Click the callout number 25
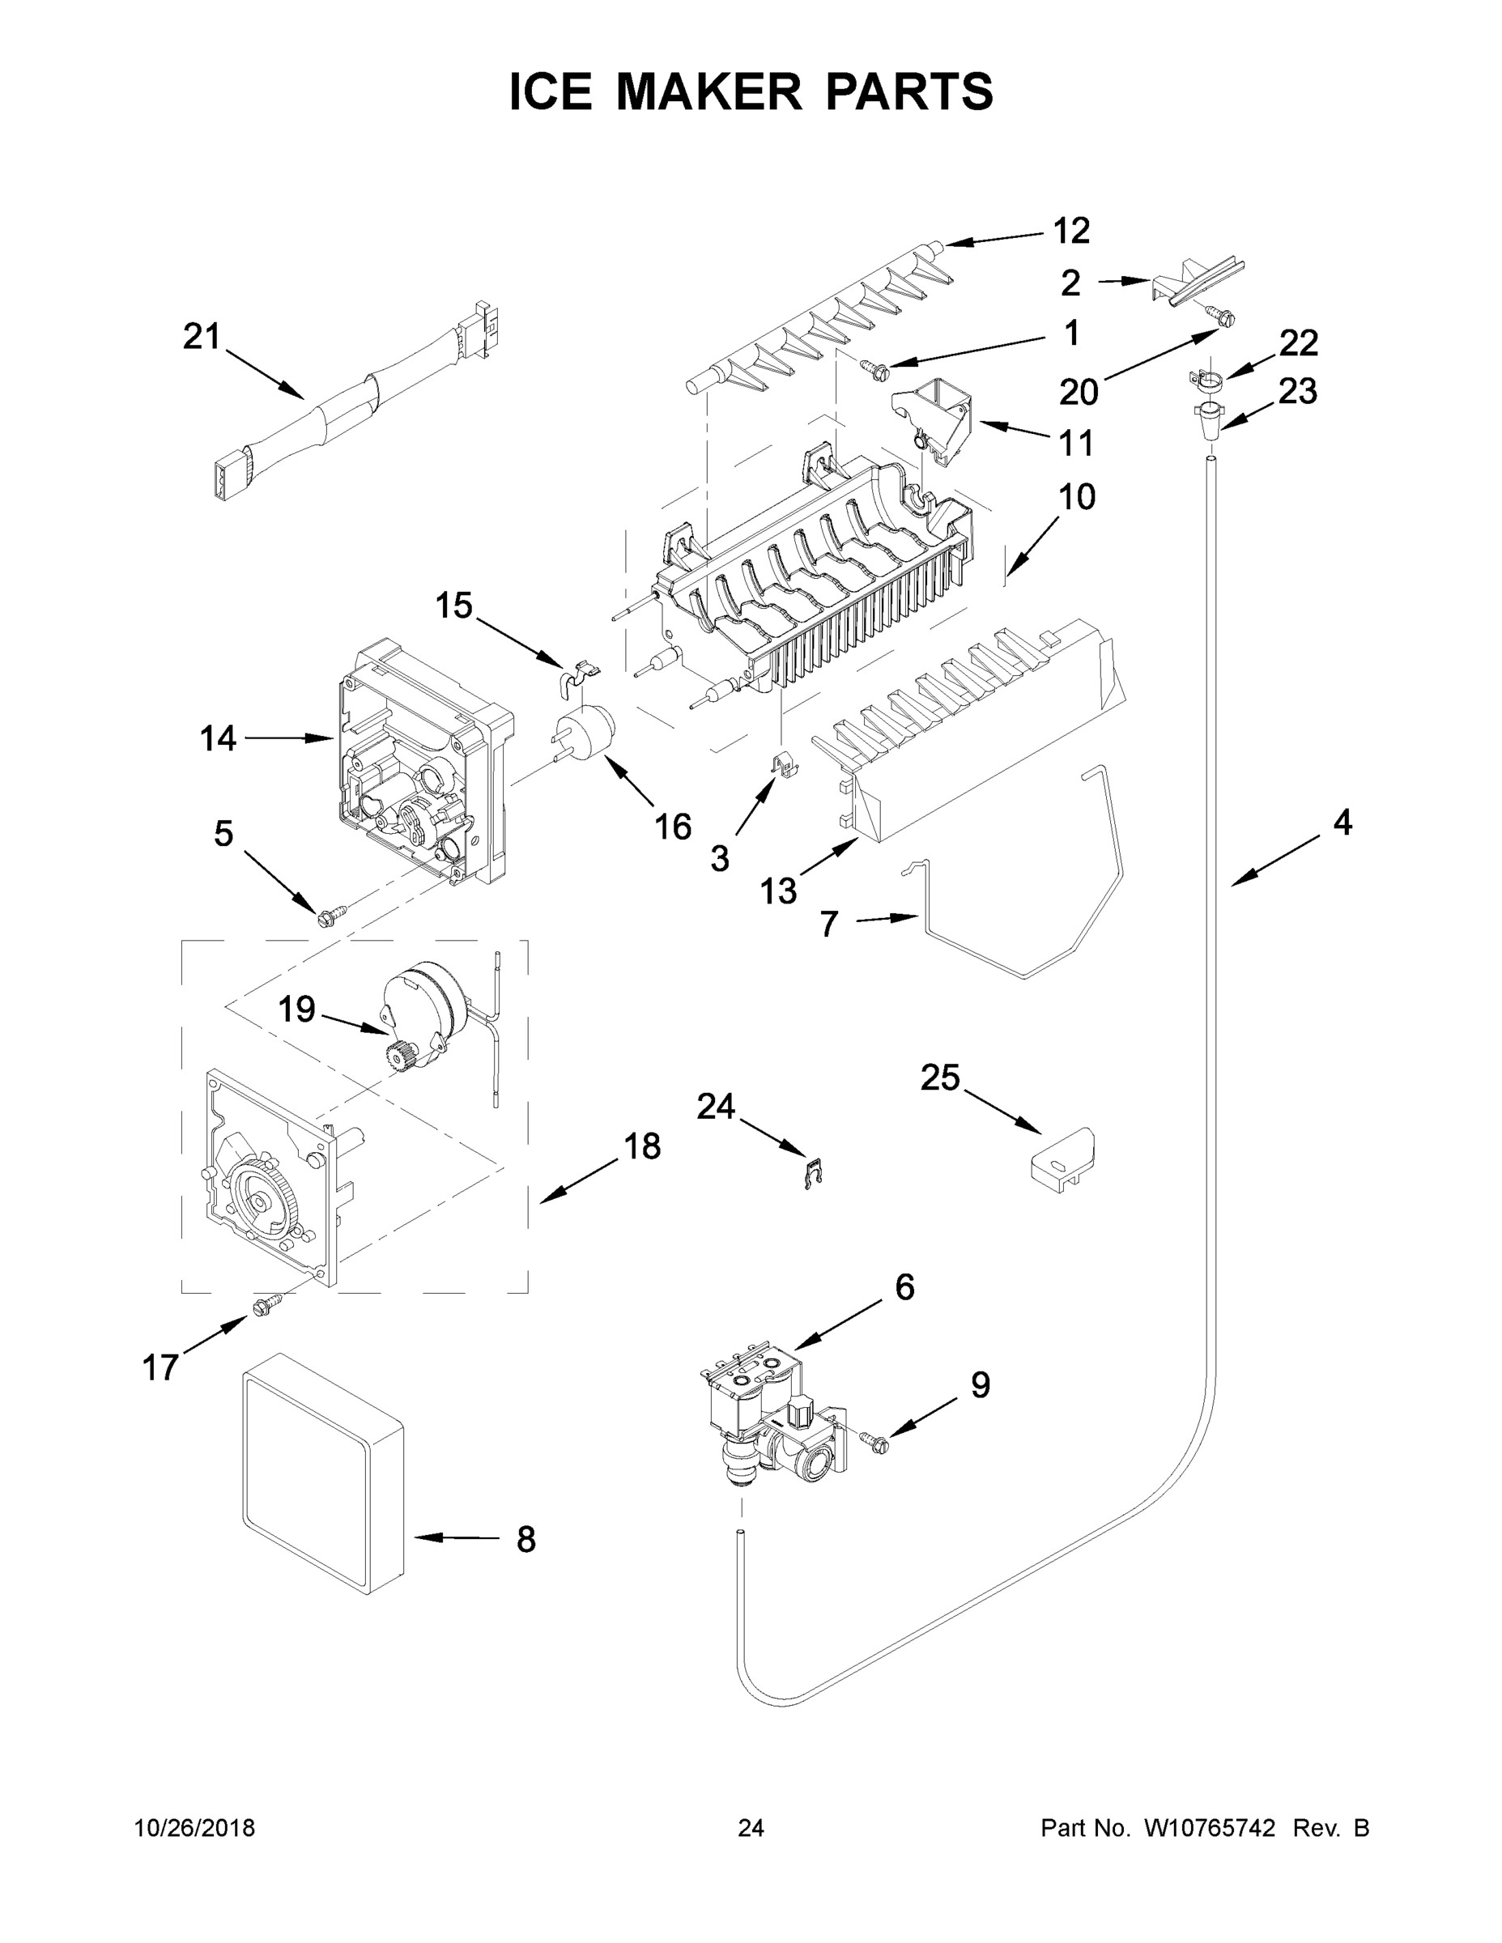pos(941,1078)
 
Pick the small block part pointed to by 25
pos(1061,1161)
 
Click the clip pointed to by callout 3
pos(782,763)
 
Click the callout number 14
pos(218,738)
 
